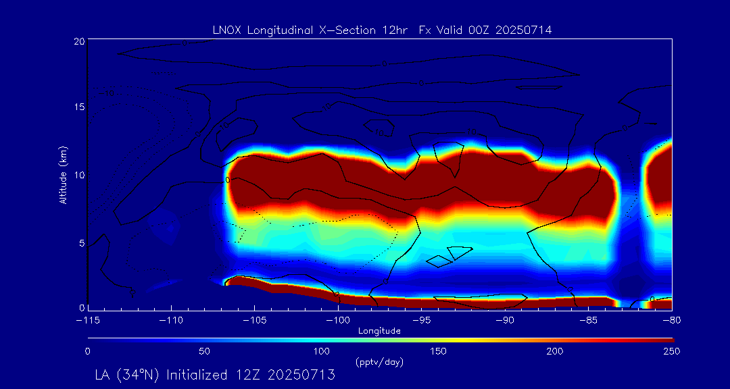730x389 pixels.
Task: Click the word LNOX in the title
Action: (x=226, y=30)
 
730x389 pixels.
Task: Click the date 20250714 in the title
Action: (x=524, y=30)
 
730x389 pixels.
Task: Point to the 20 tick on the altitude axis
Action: (x=78, y=41)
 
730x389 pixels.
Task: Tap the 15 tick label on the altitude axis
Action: (x=78, y=108)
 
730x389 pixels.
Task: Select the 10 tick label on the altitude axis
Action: (x=78, y=175)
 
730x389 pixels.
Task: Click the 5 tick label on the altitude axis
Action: (x=81, y=242)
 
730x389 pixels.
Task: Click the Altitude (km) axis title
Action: (x=63, y=174)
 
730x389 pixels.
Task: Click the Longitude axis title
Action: (x=379, y=331)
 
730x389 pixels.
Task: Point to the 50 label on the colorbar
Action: (x=205, y=351)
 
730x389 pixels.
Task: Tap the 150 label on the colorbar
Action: (x=439, y=351)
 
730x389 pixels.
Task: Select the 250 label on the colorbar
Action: (x=672, y=351)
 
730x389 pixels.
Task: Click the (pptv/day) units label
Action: (x=379, y=363)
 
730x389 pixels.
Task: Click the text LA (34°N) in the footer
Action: (x=128, y=375)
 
